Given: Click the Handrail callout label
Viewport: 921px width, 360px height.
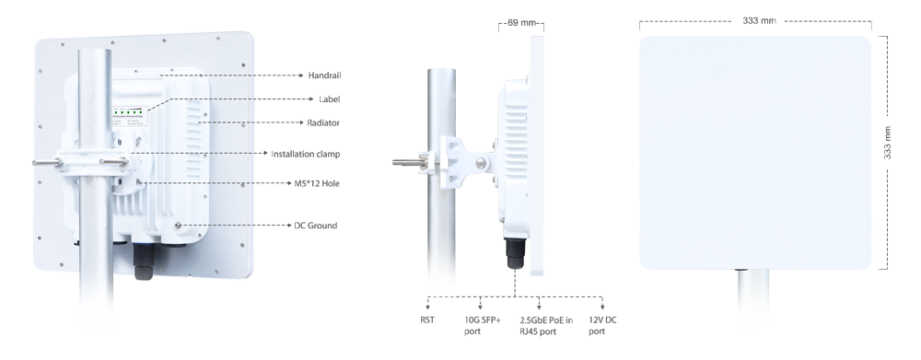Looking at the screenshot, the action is point(324,75).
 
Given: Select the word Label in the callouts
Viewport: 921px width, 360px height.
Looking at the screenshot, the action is point(330,99).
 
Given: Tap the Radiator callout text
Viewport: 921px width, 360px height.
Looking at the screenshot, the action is point(323,122).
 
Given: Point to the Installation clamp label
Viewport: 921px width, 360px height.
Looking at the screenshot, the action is point(306,154).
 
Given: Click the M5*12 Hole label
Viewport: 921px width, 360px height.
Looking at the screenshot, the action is point(317,183).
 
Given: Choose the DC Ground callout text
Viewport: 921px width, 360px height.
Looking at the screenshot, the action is point(315,226).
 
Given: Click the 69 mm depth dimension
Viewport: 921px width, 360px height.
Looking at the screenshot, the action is point(521,23).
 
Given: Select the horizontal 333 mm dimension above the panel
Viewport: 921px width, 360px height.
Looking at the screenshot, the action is point(759,20).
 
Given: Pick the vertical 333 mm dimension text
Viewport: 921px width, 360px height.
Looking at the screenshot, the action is point(888,142).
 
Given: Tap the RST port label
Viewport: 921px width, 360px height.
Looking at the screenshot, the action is point(427,320).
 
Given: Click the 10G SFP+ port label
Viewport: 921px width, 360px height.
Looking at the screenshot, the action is point(483,325).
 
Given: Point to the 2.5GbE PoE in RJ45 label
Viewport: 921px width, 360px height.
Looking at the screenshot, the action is point(546,325).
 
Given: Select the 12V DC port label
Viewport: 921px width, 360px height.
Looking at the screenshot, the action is point(602,325).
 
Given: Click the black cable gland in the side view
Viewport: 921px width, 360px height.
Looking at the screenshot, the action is point(515,252).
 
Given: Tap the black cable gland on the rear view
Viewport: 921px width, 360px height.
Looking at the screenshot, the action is point(143,261).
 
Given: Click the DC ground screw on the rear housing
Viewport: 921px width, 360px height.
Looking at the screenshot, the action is point(178,225).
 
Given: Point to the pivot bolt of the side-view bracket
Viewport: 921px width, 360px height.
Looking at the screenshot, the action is point(481,163).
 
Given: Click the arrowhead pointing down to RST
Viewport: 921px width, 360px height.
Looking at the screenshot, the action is point(427,307).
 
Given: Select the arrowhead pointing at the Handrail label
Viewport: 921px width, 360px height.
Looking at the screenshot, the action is point(301,75).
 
